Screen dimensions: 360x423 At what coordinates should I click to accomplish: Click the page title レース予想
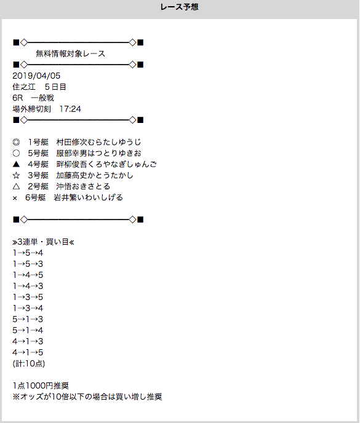pyautogui.click(x=179, y=7)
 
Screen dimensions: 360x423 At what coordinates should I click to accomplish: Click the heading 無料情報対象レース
pyautogui.click(x=71, y=53)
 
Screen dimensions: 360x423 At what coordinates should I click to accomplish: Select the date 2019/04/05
pyautogui.click(x=36, y=76)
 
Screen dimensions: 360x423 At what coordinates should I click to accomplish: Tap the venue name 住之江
pyautogui.click(x=24, y=87)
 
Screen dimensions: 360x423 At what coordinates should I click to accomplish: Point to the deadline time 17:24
pyautogui.click(x=70, y=109)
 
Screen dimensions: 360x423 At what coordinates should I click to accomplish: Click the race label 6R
pyautogui.click(x=18, y=98)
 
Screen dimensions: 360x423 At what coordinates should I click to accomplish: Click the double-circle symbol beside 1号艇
pyautogui.click(x=16, y=142)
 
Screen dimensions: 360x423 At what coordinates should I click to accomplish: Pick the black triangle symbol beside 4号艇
pyautogui.click(x=16, y=164)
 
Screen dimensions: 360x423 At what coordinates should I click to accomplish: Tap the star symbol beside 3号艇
pyautogui.click(x=16, y=175)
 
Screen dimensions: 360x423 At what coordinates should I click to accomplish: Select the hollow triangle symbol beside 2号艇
pyautogui.click(x=16, y=186)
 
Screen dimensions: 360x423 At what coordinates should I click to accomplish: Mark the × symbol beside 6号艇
pyautogui.click(x=15, y=198)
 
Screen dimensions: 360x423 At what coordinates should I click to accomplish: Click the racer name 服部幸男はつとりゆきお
pyautogui.click(x=98, y=153)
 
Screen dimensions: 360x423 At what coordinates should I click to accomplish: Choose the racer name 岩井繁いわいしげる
pyautogui.click(x=88, y=197)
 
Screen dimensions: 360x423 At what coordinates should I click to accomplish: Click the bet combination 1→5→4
pyautogui.click(x=28, y=253)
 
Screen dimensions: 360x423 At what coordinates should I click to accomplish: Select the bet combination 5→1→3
pyautogui.click(x=28, y=319)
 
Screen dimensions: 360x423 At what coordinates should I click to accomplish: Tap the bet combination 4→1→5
pyautogui.click(x=28, y=352)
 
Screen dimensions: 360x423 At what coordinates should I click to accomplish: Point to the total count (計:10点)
pyautogui.click(x=29, y=363)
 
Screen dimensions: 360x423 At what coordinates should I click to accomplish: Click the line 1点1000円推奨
pyautogui.click(x=41, y=385)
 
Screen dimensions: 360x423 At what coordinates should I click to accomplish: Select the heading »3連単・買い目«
pyautogui.click(x=43, y=242)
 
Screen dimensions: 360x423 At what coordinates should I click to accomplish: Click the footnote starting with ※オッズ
pyautogui.click(x=87, y=397)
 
